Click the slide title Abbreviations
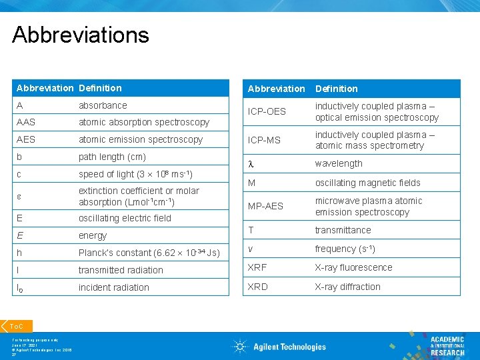click(81, 35)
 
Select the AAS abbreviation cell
click(27, 122)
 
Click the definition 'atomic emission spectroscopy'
click(141, 139)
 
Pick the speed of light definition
click(135, 175)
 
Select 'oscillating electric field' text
click(125, 218)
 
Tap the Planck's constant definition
click(149, 253)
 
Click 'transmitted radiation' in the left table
click(121, 270)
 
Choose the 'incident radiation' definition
click(114, 287)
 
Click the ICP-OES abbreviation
click(267, 111)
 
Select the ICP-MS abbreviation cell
click(265, 140)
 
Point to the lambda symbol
click(251, 164)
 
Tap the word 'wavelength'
click(339, 163)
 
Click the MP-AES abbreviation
click(265, 206)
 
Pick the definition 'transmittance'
click(343, 230)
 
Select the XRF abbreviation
click(257, 267)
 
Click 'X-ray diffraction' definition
click(347, 287)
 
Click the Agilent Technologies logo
click(279, 346)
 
